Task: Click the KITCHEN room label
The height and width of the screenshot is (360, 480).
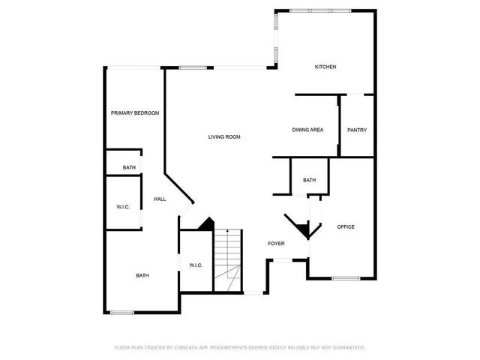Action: [x=325, y=67]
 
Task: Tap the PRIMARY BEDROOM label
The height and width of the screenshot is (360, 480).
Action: [x=135, y=112]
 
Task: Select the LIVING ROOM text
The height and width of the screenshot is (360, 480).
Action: [x=224, y=136]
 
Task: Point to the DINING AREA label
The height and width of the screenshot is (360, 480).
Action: [x=307, y=130]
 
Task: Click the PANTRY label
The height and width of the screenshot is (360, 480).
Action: [x=357, y=130]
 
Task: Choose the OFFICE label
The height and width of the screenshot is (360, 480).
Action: [x=346, y=226]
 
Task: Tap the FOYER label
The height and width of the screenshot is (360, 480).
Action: [x=277, y=244]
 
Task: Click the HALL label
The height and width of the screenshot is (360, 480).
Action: [x=160, y=199]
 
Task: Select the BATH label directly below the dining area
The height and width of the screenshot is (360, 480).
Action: [x=310, y=180]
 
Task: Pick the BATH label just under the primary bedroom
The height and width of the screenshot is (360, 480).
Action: [x=129, y=167]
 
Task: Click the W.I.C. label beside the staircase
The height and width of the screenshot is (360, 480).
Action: [x=195, y=265]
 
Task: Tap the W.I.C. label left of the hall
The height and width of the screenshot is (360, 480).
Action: [x=124, y=206]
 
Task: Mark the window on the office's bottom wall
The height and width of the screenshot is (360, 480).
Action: [x=346, y=278]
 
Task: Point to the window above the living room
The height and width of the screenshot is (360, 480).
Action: [x=193, y=67]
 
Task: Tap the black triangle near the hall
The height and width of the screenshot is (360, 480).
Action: [x=207, y=224]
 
